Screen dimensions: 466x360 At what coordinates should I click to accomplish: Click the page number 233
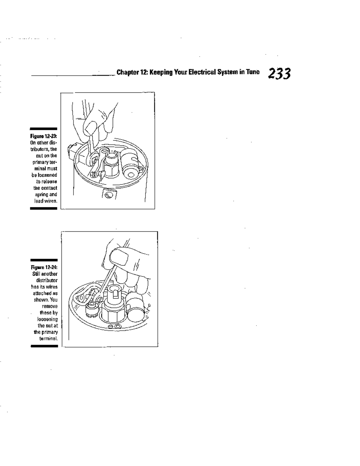click(279, 74)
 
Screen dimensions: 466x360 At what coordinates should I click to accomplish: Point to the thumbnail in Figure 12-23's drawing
click(90, 128)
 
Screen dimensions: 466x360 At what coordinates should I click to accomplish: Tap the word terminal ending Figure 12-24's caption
click(46, 338)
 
